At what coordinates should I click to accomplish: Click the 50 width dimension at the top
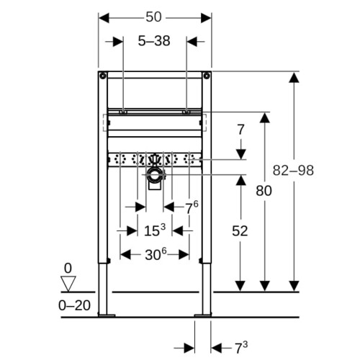point(153,17)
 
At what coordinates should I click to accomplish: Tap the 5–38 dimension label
point(154,41)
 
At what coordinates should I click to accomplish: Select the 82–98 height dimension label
point(293,171)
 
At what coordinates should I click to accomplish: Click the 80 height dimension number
point(264,191)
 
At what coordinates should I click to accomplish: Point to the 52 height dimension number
point(240,231)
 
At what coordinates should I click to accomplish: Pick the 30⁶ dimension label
point(156,254)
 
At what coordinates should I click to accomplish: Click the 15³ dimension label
point(155,230)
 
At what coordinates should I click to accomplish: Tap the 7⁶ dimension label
point(192,207)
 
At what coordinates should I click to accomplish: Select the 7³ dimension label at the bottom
point(241,348)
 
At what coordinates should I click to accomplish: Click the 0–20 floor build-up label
point(74,305)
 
